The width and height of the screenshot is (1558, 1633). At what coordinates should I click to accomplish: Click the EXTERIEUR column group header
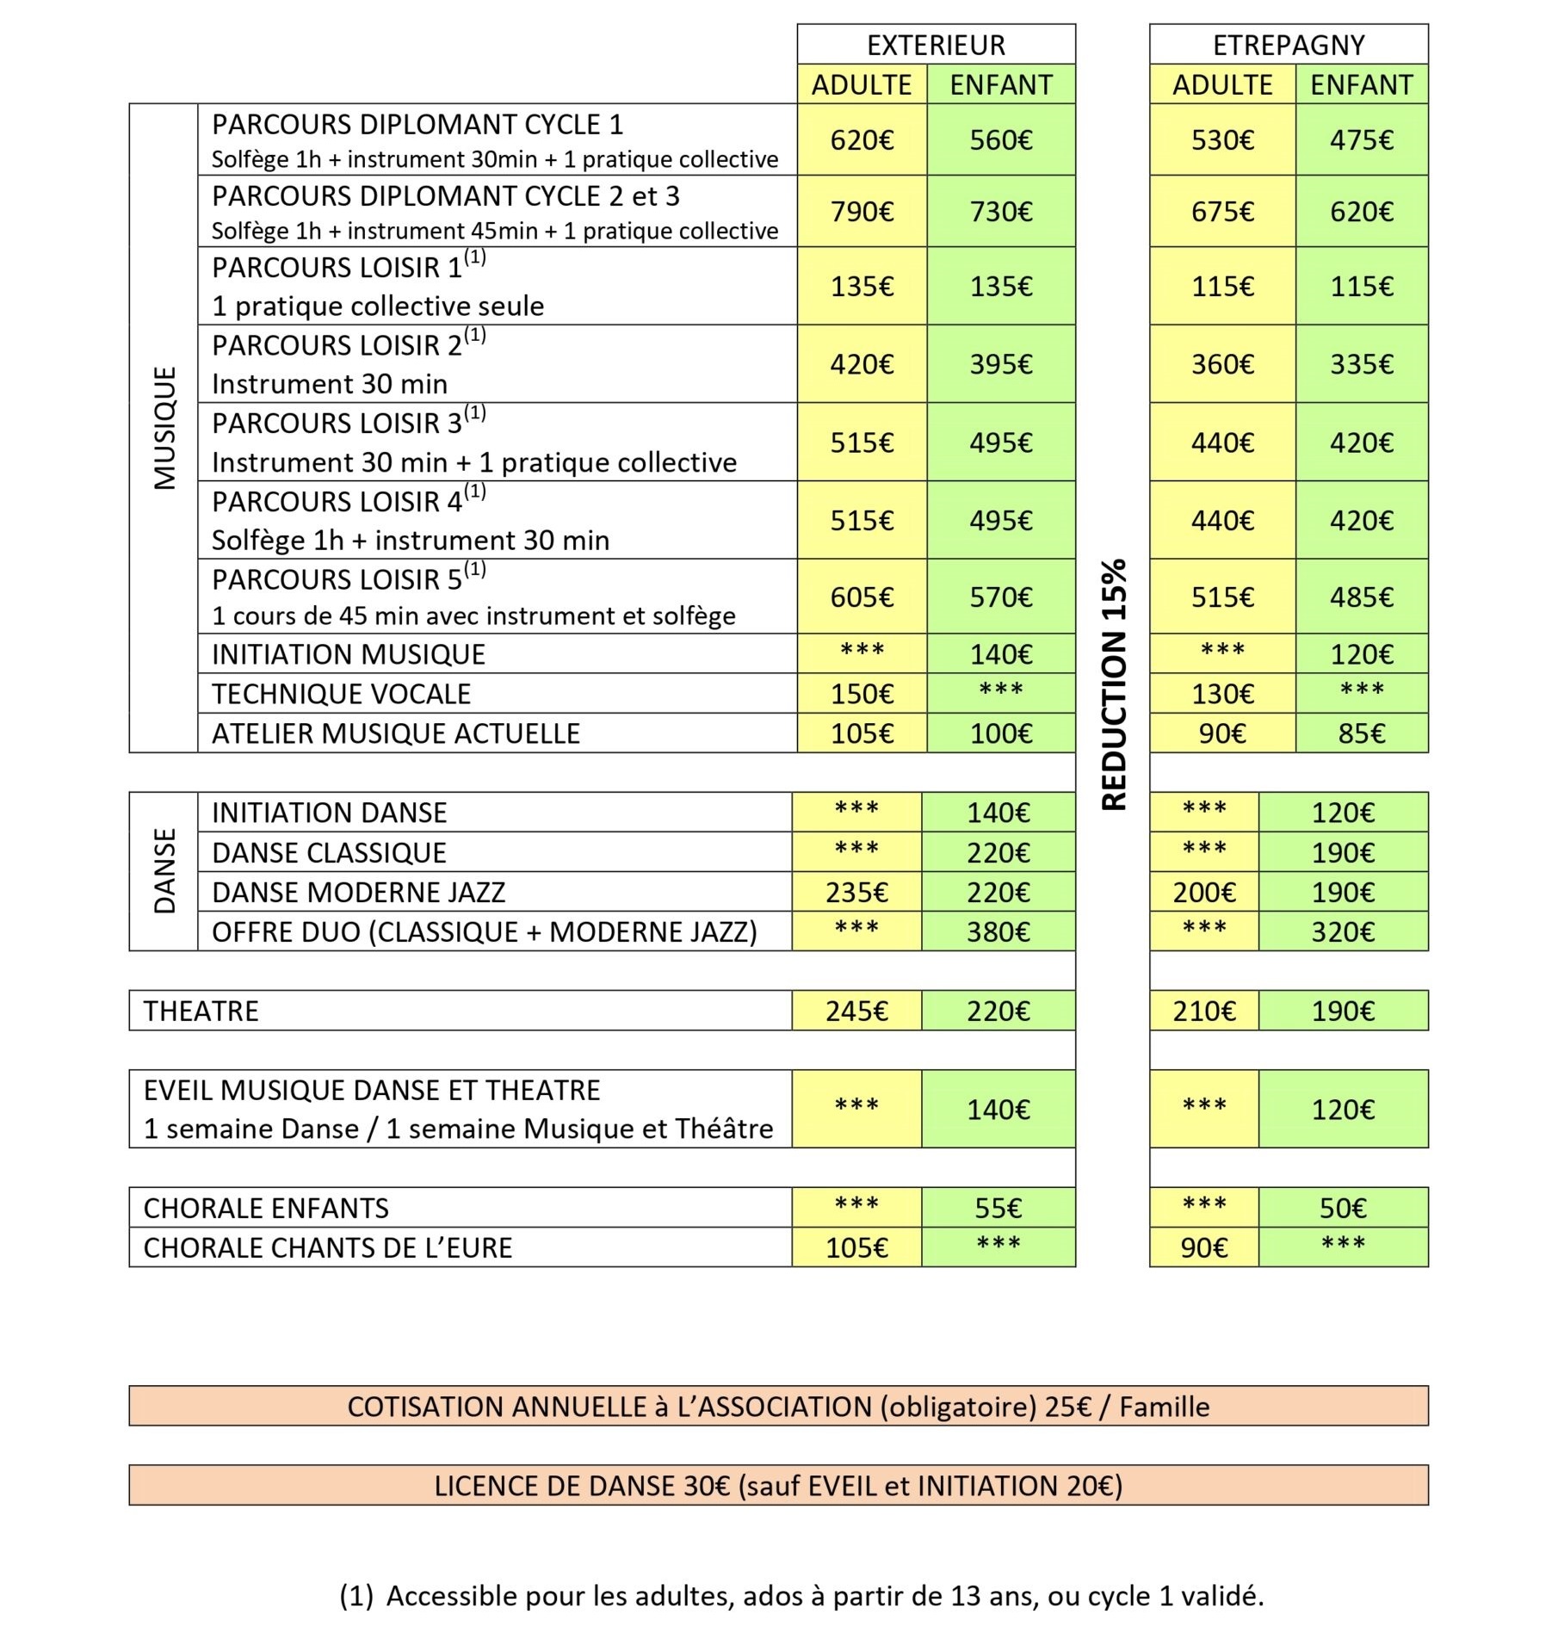pos(936,45)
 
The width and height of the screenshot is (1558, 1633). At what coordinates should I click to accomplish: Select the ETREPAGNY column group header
pos(1289,45)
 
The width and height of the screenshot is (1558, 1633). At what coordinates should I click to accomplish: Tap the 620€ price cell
pos(862,140)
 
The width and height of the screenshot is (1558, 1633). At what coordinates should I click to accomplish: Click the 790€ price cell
pos(862,212)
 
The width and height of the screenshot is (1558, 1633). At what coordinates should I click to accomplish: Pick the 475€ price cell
pos(1361,140)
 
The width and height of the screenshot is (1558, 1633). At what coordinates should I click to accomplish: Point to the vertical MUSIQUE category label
pos(164,428)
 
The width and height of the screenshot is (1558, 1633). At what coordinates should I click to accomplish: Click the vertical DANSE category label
pos(164,870)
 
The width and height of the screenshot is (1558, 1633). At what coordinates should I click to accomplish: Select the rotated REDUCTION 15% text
pos(1114,684)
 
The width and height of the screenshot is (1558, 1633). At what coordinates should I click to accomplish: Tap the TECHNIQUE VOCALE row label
pos(342,694)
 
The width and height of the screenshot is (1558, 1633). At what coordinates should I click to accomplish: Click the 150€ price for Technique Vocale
pos(862,694)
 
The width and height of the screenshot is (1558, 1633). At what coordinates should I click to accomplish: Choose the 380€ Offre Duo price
pos(998,931)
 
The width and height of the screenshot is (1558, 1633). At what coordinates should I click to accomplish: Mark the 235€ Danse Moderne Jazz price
pos(856,893)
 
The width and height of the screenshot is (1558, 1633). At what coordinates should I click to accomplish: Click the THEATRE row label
pos(201,1011)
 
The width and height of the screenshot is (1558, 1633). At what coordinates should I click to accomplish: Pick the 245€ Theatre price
pos(856,1011)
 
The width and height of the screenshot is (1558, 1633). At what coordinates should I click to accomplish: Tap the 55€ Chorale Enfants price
pos(998,1208)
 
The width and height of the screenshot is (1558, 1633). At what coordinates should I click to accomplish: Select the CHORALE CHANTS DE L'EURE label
pos(328,1247)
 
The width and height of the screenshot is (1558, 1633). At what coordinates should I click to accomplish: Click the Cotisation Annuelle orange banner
pos(778,1407)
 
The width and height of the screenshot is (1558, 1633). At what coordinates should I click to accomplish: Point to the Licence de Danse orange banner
pos(778,1486)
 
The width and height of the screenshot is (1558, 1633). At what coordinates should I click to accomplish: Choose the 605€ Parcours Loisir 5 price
pos(862,597)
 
